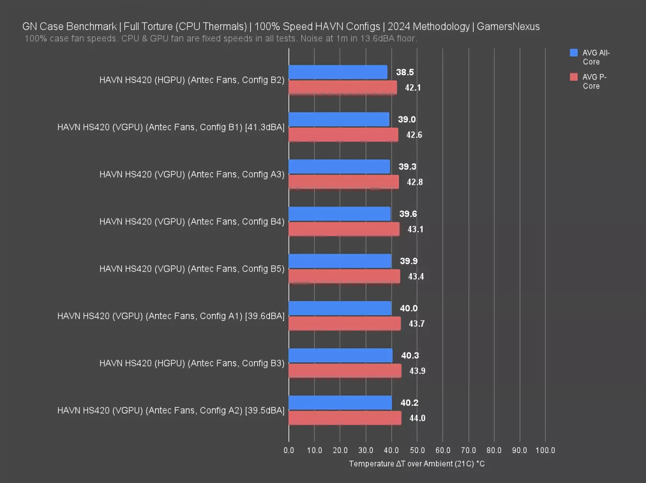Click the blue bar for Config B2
click(x=338, y=72)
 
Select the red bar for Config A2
click(x=345, y=418)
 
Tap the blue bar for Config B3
click(x=340, y=355)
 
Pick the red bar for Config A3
click(x=344, y=182)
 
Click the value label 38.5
click(x=405, y=72)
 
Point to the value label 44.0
click(x=417, y=418)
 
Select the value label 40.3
click(x=410, y=355)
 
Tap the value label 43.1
click(x=415, y=229)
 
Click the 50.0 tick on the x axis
click(x=417, y=450)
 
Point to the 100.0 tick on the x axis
click(x=545, y=450)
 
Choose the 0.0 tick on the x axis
click(x=289, y=450)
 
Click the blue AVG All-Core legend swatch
click(x=574, y=53)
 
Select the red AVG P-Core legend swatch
click(x=574, y=77)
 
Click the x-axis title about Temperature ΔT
click(x=417, y=463)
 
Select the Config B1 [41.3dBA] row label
click(x=171, y=127)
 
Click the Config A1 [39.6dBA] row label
click(x=171, y=316)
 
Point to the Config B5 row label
click(x=192, y=269)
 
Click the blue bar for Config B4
click(x=339, y=214)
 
